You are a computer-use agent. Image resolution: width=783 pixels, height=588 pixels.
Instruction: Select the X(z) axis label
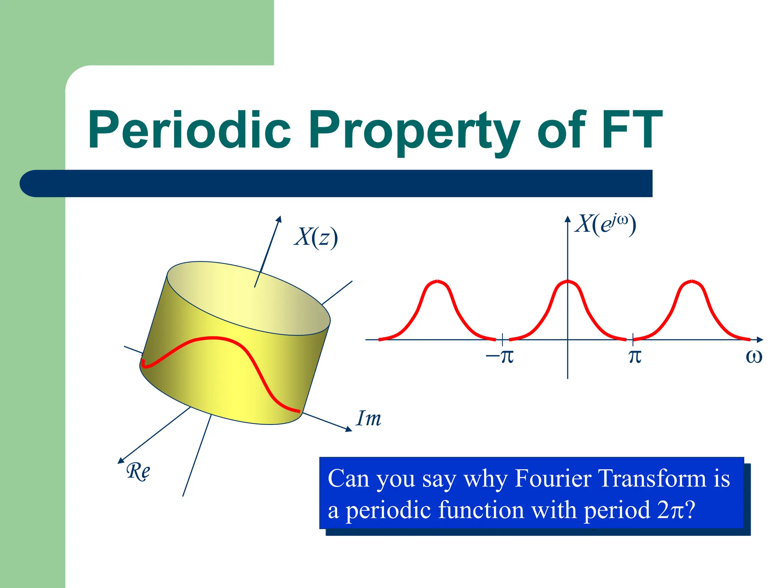click(x=316, y=237)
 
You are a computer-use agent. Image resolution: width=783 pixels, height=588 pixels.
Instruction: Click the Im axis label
click(x=368, y=418)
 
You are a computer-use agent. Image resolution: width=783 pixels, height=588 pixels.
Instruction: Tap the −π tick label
click(x=500, y=356)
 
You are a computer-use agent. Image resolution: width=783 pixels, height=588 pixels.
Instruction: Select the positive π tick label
click(x=635, y=356)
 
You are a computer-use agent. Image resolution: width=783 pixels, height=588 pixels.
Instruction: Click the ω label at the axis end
click(x=754, y=356)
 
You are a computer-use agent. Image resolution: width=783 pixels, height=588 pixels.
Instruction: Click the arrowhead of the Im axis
click(x=349, y=430)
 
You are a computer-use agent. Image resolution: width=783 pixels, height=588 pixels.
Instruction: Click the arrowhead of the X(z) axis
click(x=279, y=219)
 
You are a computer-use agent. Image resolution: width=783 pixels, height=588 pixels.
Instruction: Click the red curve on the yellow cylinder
click(x=214, y=338)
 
